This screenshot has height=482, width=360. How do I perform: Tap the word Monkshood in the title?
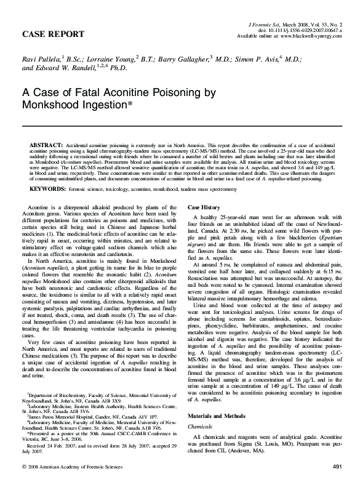pyautogui.click(x=54, y=106)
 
